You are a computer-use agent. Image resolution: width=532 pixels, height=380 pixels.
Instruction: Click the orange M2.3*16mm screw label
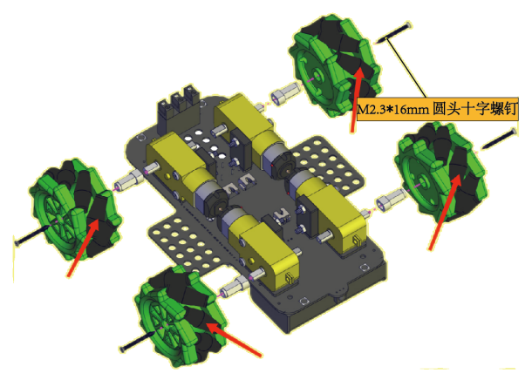[x=438, y=109]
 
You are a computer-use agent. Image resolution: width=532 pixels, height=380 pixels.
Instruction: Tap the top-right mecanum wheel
[x=335, y=65]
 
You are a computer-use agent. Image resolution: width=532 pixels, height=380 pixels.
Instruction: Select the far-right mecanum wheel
[x=442, y=173]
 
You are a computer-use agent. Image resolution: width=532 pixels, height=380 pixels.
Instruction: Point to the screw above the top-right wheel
[x=392, y=33]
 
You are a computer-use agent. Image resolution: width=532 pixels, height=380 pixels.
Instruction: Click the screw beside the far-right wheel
[x=499, y=139]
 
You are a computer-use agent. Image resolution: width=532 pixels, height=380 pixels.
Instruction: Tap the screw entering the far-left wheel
[x=33, y=234]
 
